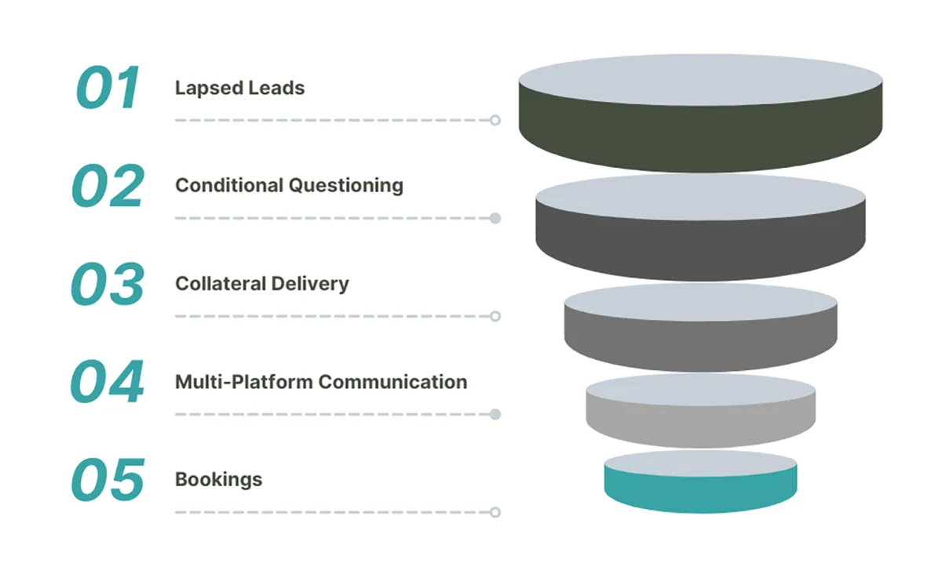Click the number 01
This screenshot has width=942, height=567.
pyautogui.click(x=108, y=87)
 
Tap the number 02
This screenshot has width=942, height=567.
pyautogui.click(x=108, y=186)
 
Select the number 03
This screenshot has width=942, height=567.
pyautogui.click(x=108, y=284)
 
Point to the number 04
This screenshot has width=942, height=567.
pyautogui.click(x=108, y=381)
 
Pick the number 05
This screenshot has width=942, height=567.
pyautogui.click(x=108, y=480)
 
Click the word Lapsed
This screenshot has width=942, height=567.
pyautogui.click(x=209, y=89)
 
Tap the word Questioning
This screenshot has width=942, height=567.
pyautogui.click(x=346, y=186)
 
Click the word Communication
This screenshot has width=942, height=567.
pyautogui.click(x=392, y=382)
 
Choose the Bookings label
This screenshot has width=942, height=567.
pyautogui.click(x=219, y=480)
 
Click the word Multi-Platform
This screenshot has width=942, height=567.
pyautogui.click(x=244, y=382)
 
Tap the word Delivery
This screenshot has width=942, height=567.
pyautogui.click(x=310, y=285)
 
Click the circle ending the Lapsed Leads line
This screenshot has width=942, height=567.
pyautogui.click(x=495, y=120)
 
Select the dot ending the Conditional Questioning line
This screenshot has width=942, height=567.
pyautogui.click(x=495, y=218)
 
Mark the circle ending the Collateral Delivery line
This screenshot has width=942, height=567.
pyautogui.click(x=495, y=316)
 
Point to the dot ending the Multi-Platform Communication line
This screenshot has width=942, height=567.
pyautogui.click(x=495, y=414)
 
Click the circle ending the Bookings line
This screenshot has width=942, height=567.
pyautogui.click(x=495, y=512)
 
